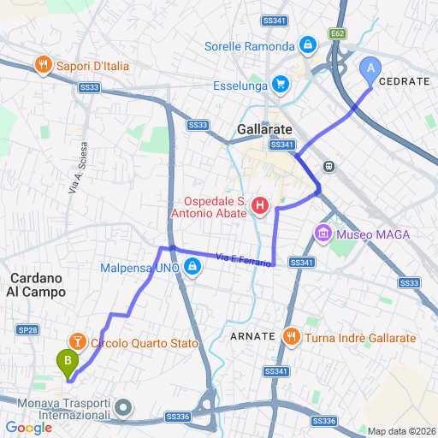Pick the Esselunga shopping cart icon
pos(279,84)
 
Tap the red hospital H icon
pos(260,206)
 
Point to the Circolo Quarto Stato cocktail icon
pos(78,343)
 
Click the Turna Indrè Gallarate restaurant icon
pos(291,338)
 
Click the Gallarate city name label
pos(264,130)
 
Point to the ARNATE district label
pos(252,337)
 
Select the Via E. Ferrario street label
pos(244,258)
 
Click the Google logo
pos(29,427)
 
